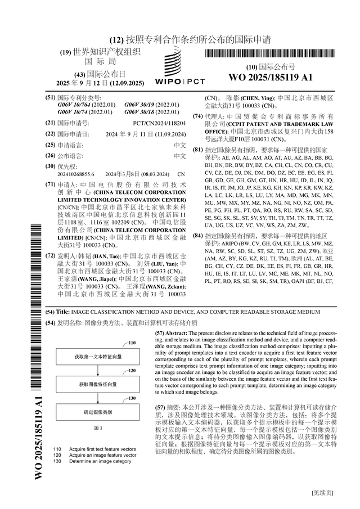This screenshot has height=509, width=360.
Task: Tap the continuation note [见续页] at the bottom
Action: coord(322,493)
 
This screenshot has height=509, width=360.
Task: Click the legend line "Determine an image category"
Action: coord(100,461)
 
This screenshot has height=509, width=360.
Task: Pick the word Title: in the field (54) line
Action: coord(63,311)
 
